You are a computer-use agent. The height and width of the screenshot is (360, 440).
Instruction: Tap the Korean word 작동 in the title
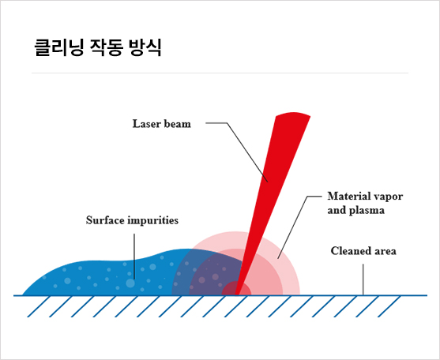pos(107,47)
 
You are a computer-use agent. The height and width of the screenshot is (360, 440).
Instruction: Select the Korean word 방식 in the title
pos(145,47)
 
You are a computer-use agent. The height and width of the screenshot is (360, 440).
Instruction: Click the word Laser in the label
pos(146,124)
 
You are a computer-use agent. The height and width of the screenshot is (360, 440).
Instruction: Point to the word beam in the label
pos(178,124)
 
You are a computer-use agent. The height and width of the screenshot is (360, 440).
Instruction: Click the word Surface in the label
pos(105,220)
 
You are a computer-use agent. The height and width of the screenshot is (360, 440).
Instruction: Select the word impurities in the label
pos(153,220)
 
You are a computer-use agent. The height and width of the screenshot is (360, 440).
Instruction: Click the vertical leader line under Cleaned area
pos(363,279)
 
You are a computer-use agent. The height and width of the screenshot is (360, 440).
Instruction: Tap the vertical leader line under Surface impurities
pos(134,257)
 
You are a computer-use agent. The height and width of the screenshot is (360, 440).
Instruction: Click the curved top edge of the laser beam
pos(293,113)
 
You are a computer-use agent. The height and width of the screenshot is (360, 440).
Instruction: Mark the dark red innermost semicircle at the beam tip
pos(236,287)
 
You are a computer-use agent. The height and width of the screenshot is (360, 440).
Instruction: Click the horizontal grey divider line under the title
pos(220,73)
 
